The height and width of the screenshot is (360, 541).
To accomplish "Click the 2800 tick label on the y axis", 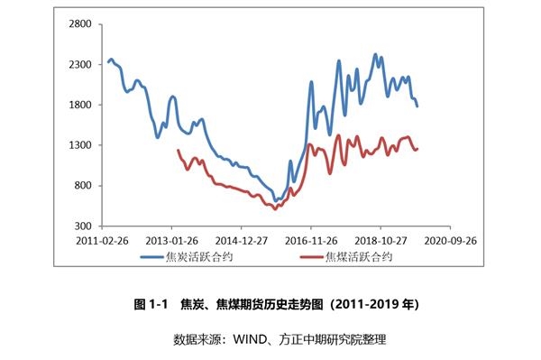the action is [x=80, y=24].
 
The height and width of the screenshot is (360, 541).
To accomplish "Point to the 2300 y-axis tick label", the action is [x=80, y=65].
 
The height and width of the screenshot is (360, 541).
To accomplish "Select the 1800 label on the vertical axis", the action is [x=80, y=105].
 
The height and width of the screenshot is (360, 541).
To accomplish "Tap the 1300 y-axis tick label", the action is [x=80, y=145].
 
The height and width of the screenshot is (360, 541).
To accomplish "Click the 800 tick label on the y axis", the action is [x=83, y=186].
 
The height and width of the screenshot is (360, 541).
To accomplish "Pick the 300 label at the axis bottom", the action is [x=83, y=226].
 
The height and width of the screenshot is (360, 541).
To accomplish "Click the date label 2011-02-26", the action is [x=102, y=241].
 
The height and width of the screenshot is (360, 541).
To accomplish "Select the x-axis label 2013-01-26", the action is [x=172, y=241].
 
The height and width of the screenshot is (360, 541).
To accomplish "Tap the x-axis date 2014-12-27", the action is [x=242, y=241].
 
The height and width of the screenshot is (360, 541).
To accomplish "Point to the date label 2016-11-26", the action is [x=311, y=241].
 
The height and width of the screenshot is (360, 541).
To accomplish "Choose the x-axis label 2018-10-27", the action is [x=381, y=241].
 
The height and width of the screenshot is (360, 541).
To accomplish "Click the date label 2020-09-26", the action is [x=450, y=241].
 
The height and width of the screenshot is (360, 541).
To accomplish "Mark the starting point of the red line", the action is [x=179, y=150].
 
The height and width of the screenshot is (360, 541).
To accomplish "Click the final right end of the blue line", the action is [x=417, y=106].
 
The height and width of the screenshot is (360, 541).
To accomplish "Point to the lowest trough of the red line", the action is [x=275, y=208].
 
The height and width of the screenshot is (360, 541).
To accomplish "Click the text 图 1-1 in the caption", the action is [x=151, y=304].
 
